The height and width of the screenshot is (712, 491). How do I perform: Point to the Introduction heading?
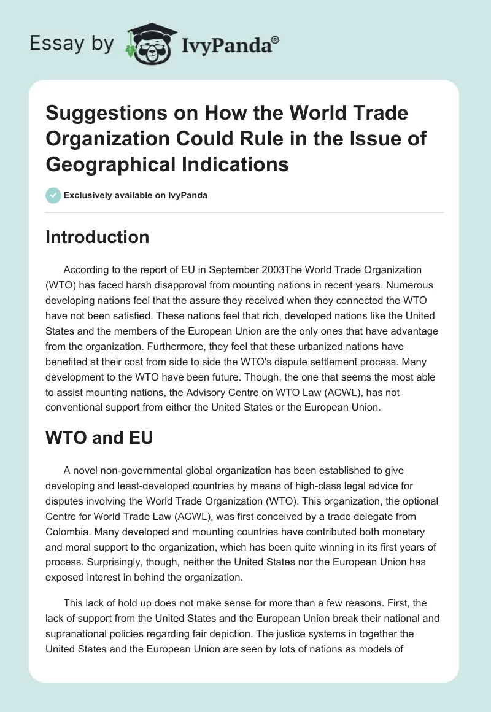point(98,238)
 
